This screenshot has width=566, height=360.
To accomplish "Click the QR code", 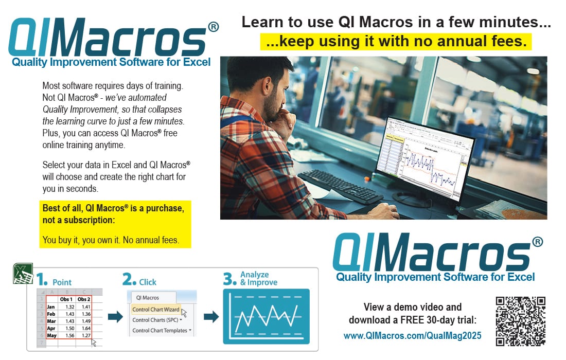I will coord(520,321).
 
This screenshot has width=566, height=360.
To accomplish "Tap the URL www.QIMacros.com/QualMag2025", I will coord(412,336).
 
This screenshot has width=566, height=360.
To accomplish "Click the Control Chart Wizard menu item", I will coord(156,310).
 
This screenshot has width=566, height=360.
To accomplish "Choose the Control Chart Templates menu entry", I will coord(160,330).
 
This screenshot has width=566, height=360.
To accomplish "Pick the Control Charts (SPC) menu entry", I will coord(156,320).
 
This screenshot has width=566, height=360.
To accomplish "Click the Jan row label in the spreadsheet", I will coord(51,307).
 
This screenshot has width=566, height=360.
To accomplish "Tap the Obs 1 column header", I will coord(66,299).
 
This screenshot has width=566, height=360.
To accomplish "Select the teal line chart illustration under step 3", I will coord(266,316).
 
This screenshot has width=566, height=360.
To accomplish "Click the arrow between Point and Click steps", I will coord(116,317).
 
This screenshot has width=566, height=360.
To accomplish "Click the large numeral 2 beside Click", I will coord(129,280).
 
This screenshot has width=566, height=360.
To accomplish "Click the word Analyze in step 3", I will coord(254,275).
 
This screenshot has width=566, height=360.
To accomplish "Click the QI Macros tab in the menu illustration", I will coord(148,297).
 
